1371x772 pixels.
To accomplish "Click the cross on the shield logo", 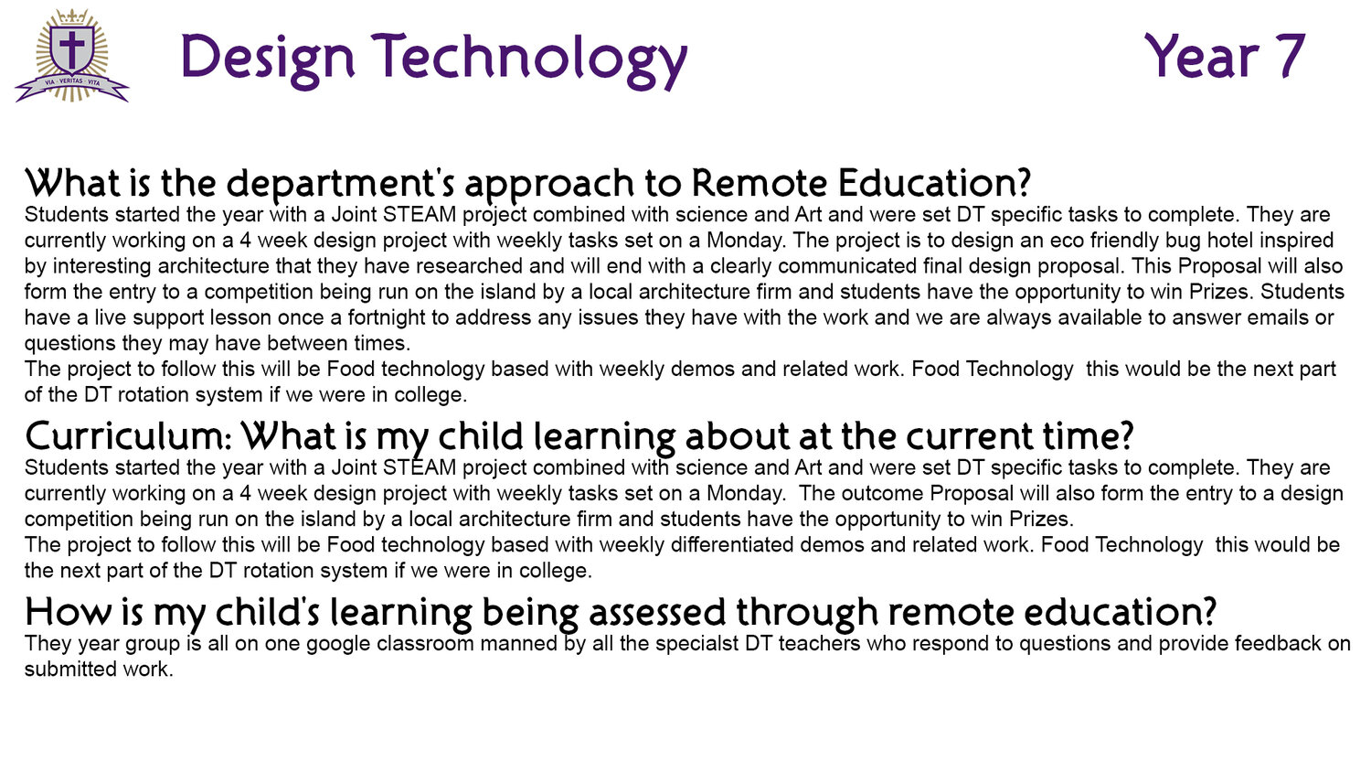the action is (71, 48).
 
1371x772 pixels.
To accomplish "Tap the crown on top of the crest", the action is (72, 16).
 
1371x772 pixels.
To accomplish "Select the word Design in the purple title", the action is (268, 59).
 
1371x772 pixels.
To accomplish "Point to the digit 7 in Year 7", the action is (1287, 56).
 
